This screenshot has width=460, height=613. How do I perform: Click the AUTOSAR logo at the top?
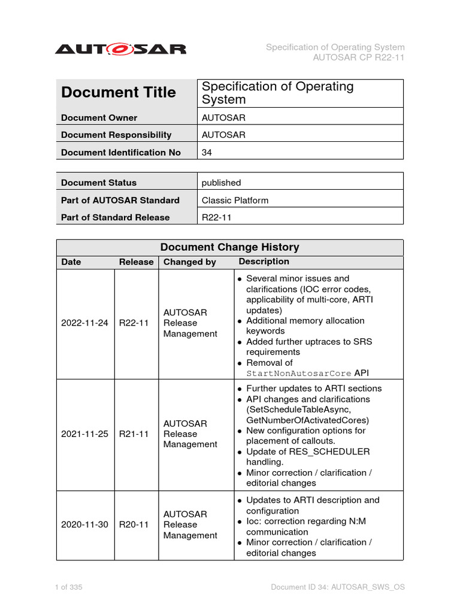pos(120,49)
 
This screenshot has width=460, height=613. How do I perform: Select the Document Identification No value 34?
pos(207,153)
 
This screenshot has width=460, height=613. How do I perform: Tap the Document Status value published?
pos(221,183)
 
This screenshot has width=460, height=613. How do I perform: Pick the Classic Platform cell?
pos(235,200)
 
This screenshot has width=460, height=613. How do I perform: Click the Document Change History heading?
pos(229,247)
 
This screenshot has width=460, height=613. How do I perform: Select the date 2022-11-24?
pos(84,323)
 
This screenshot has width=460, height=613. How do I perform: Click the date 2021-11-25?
pos(84,434)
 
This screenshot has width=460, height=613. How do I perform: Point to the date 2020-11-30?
pos(84,525)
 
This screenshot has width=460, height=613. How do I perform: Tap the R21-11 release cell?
pos(134,434)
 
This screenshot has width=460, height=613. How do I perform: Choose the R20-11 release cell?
pos(134,525)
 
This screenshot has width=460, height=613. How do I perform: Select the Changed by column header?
pos(189,262)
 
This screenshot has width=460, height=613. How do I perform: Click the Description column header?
pos(264,262)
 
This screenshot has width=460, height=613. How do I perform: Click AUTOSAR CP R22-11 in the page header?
pos(359,57)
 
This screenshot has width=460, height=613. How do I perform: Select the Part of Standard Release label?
pos(115,217)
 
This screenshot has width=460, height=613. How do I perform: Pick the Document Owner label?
pos(99,118)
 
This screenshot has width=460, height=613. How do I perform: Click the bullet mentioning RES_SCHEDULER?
pos(308,457)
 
